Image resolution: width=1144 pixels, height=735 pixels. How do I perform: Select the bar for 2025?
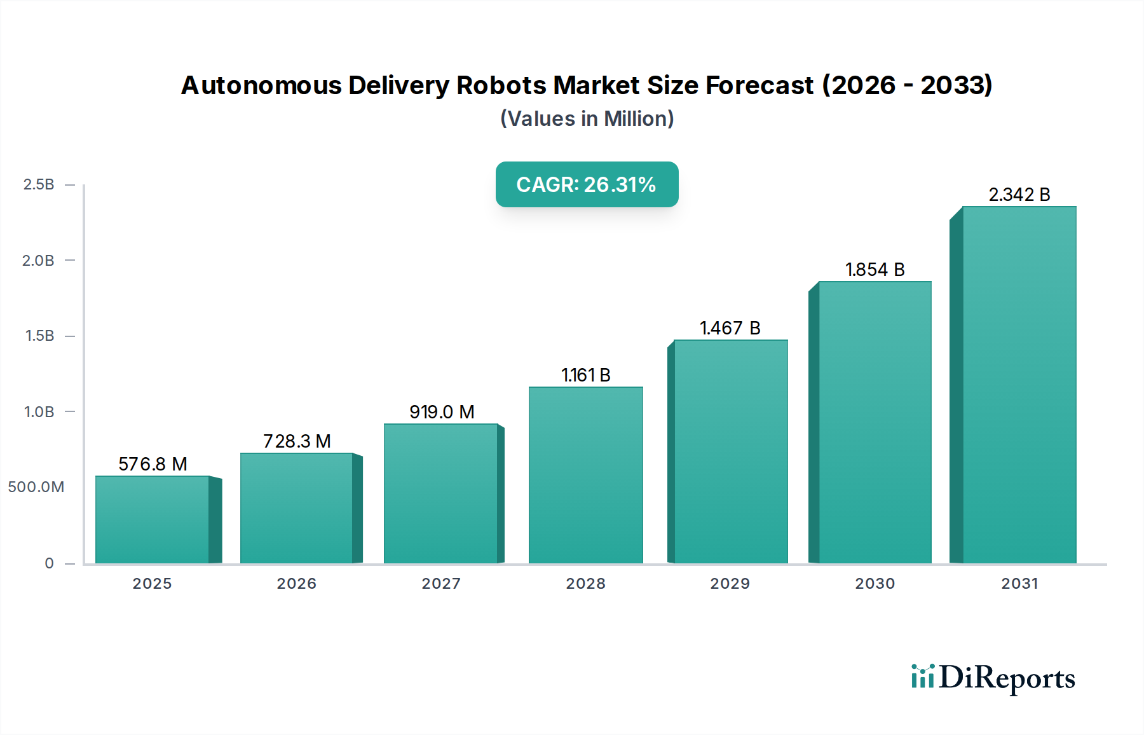point(153,519)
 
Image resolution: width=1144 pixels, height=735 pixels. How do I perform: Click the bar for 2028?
point(585,475)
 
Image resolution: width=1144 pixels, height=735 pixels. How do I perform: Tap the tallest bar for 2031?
point(1019,385)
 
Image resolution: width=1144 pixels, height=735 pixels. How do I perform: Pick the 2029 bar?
point(730,451)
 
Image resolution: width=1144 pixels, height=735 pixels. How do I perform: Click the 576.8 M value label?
point(153,464)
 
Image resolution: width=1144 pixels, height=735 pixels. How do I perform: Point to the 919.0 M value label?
point(442,412)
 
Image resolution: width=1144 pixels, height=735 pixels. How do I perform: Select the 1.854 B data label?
point(875,270)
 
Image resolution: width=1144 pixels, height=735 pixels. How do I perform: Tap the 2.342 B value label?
point(1019,195)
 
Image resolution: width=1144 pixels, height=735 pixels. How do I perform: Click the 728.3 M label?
point(297,441)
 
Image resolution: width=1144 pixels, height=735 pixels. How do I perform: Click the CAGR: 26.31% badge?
point(587,184)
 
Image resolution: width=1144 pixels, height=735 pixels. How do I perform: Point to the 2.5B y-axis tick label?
point(39,184)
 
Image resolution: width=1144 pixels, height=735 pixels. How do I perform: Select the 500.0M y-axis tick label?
point(36,487)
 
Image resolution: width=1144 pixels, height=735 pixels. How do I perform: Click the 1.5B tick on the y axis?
point(39,336)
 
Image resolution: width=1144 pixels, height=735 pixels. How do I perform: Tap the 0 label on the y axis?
point(49,563)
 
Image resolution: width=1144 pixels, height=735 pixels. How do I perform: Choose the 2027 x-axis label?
point(441,584)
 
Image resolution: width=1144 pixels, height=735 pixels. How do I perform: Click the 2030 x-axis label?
point(875,584)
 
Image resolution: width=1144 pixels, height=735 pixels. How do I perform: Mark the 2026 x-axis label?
point(296,584)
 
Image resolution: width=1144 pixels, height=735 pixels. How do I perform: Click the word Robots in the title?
point(501,85)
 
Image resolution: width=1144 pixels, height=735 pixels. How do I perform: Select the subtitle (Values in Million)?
point(587,119)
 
